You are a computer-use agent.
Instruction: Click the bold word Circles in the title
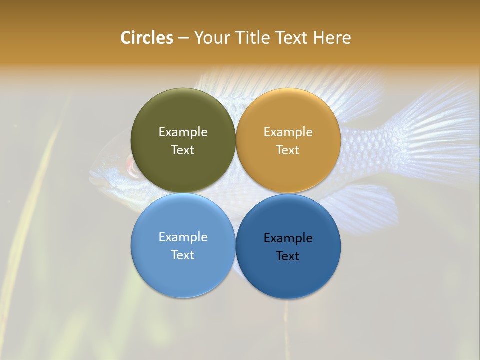pyautogui.click(x=146, y=38)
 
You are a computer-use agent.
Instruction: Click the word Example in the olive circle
pyautogui.click(x=183, y=132)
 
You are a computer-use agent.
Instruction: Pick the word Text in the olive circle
pyautogui.click(x=183, y=150)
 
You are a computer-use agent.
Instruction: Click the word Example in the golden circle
pyautogui.click(x=288, y=132)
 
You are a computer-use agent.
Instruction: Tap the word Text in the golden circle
pyautogui.click(x=288, y=150)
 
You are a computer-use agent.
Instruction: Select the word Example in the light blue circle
pyautogui.click(x=183, y=237)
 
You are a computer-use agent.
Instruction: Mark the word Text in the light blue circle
pyautogui.click(x=183, y=255)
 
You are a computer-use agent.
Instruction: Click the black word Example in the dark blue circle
pyautogui.click(x=288, y=238)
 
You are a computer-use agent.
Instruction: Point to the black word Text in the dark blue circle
pyautogui.click(x=288, y=256)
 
